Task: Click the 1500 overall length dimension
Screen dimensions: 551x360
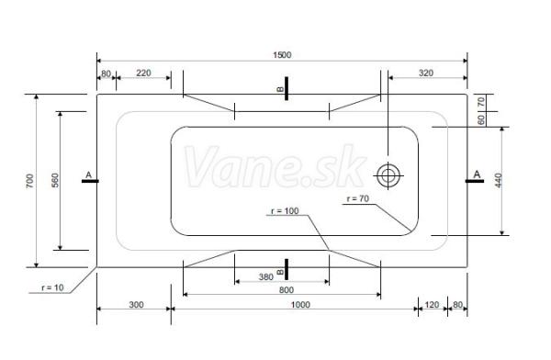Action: click(x=282, y=55)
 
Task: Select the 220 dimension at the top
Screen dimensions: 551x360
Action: click(x=143, y=73)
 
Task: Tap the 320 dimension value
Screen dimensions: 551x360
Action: click(x=426, y=73)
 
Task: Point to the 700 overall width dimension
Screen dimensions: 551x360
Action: click(x=30, y=181)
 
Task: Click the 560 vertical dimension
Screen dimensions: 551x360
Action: click(x=55, y=180)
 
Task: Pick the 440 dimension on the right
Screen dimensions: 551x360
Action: click(x=499, y=180)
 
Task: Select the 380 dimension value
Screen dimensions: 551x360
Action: click(x=266, y=277)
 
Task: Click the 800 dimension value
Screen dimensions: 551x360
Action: click(x=287, y=290)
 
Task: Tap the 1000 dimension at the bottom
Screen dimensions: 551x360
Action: click(x=300, y=305)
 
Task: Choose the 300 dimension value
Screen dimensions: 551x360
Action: click(x=136, y=305)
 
